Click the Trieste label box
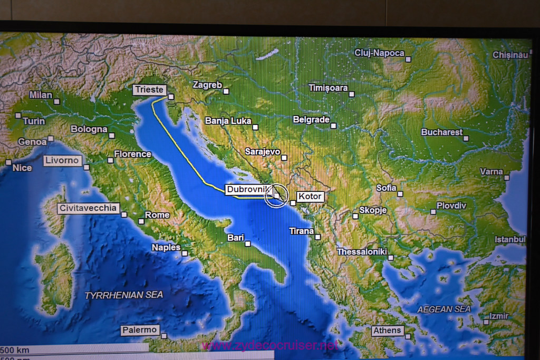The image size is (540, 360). tap(149, 90)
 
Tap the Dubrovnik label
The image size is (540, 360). tap(248, 189)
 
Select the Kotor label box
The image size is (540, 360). tap(309, 197)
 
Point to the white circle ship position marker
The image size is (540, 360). tap(275, 196)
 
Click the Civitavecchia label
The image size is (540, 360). tap(88, 208)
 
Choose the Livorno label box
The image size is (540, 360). tap(62, 160)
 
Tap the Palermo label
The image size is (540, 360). tap(140, 330)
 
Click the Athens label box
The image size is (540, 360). tap(387, 331)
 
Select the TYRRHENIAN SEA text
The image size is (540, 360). tap(124, 295)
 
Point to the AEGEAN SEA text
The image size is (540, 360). tap(444, 309)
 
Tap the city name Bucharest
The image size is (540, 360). tap(442, 132)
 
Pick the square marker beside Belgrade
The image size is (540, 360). tap(334, 125)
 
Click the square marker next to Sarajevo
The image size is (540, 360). tap(284, 157)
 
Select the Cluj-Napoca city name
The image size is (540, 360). tap(379, 53)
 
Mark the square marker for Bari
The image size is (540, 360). tap(248, 244)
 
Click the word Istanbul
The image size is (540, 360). tap(510, 239)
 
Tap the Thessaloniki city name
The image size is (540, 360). tap(362, 252)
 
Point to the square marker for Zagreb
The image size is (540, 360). tap(226, 91)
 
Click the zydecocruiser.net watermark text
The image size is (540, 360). tap(270, 346)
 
